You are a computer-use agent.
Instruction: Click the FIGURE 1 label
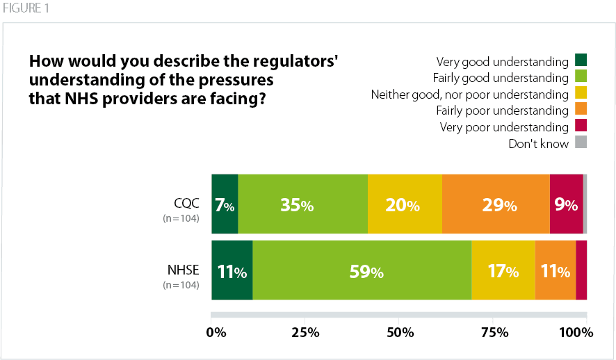pos(24,8)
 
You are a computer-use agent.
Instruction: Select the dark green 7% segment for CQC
pos(225,204)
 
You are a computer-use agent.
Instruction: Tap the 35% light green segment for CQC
pos(302,204)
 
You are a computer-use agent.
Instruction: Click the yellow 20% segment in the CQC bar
pos(405,204)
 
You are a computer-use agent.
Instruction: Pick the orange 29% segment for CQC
pos(495,204)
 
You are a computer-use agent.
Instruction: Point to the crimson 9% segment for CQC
pos(566,204)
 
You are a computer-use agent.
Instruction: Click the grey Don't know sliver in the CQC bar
pos(585,204)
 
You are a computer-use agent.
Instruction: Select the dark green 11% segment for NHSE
pos(232,270)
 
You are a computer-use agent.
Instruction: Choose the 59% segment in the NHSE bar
pos(362,270)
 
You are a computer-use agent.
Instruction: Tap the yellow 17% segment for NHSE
pos(503,270)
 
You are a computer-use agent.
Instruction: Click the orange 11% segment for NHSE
pos(555,270)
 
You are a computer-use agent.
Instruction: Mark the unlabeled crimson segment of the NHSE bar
pos(581,270)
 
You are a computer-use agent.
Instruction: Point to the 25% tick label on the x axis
pos(306,332)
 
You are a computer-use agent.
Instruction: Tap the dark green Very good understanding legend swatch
pos(581,61)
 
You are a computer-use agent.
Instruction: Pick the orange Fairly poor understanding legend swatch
pos(581,110)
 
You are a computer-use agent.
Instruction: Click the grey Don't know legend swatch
pos(581,143)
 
